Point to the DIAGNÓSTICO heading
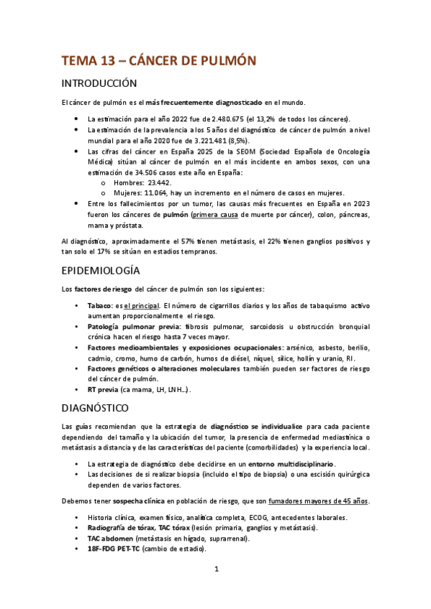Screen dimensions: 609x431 95,408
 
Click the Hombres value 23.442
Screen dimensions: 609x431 162,182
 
